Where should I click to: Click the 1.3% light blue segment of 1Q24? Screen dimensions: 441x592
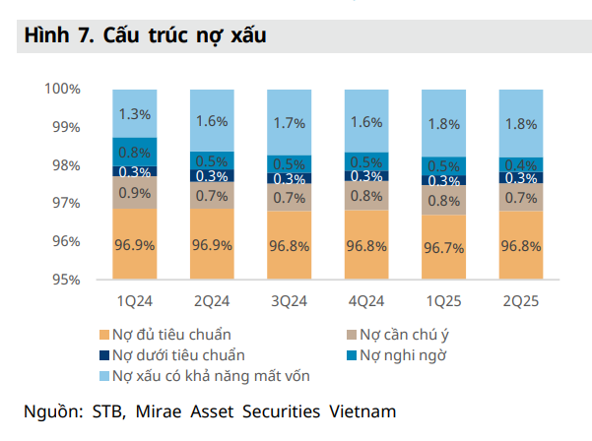point(134,114)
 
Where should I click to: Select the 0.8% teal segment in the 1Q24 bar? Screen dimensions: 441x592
point(134,152)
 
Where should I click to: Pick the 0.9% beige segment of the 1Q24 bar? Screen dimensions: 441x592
point(134,193)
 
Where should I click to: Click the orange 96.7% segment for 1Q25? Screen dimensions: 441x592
point(442,246)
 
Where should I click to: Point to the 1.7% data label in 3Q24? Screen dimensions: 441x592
point(289,123)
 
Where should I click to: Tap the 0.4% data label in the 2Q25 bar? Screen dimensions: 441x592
point(519,164)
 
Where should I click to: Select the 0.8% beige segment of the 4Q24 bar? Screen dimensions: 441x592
point(365,195)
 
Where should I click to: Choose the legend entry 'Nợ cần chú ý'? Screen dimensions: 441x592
point(400,334)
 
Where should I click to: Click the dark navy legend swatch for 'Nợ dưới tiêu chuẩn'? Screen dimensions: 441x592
point(103,355)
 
